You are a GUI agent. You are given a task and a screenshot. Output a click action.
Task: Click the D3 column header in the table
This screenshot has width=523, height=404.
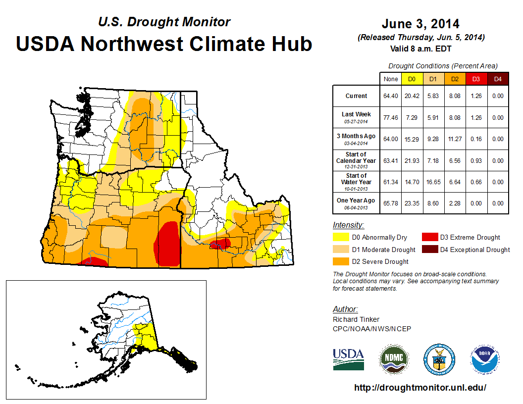tap(476, 79)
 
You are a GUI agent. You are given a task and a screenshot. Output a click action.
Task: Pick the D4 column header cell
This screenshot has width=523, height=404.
tap(498, 79)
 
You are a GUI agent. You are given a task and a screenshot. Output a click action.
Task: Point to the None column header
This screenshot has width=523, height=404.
tap(391, 79)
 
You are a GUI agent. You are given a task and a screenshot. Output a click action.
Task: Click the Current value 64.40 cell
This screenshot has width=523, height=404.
tap(391, 96)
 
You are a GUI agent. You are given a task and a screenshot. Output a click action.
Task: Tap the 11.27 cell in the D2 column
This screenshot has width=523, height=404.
tap(454, 139)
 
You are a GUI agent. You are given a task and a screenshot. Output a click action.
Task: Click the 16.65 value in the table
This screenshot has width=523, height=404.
tap(433, 182)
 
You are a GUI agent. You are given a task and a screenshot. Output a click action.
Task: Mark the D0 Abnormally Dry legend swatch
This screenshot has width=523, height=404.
tap(341, 238)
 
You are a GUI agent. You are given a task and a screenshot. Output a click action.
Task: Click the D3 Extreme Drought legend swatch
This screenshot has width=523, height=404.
tap(429, 238)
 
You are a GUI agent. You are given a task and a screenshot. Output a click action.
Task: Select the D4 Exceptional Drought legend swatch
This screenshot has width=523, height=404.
tap(429, 250)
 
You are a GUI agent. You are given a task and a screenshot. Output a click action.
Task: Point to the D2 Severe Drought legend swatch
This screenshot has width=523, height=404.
tap(341, 261)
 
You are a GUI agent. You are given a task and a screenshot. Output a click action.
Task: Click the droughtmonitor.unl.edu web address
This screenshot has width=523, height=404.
tap(420, 388)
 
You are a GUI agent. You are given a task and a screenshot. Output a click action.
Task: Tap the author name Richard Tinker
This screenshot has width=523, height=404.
tap(356, 319)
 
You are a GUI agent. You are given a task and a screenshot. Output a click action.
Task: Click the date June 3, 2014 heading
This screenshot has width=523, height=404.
tap(420, 24)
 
